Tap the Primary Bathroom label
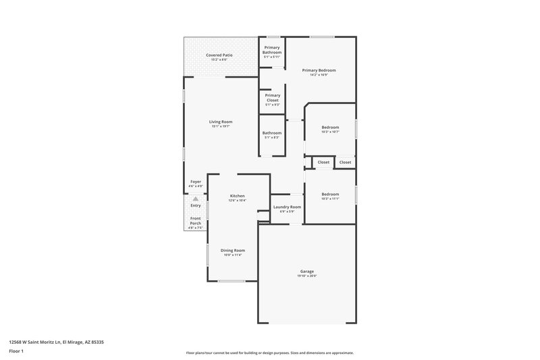pyautogui.click(x=272, y=49)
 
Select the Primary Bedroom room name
pyautogui.click(x=319, y=70)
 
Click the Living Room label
pyautogui.click(x=221, y=122)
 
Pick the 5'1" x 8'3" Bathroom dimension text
pyautogui.click(x=272, y=137)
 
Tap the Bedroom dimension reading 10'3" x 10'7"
pyautogui.click(x=330, y=132)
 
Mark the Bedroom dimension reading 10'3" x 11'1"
pyautogui.click(x=330, y=199)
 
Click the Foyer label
pyautogui.click(x=196, y=182)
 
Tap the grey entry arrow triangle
pyautogui.click(x=196, y=199)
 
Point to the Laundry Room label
pyautogui.click(x=288, y=207)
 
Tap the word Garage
pyautogui.click(x=307, y=272)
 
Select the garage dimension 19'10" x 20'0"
pyautogui.click(x=307, y=276)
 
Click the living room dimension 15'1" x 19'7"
pyautogui.click(x=221, y=126)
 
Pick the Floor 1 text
pyautogui.click(x=16, y=351)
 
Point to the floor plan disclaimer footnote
pyautogui.click(x=269, y=353)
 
